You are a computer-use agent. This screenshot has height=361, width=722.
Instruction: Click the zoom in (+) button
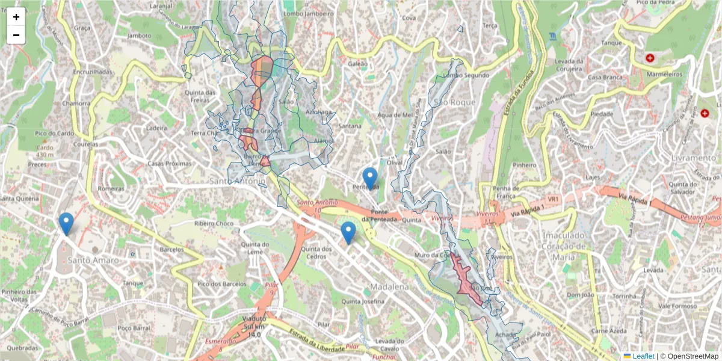(16, 17)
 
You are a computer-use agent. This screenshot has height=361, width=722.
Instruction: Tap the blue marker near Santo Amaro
(66, 223)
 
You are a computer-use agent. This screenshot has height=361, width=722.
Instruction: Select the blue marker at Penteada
(370, 178)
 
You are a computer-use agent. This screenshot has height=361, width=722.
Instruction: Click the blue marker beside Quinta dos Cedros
(348, 232)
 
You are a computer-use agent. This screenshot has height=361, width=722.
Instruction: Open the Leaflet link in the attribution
(643, 356)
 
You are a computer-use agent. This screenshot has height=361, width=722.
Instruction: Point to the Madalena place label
(389, 286)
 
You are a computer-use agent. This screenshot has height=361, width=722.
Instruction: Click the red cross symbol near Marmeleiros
(650, 58)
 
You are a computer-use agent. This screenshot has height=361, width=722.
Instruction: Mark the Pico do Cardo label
(54, 133)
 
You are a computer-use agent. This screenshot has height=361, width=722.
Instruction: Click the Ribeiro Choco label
(214, 223)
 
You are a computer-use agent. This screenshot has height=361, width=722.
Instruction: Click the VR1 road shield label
(553, 199)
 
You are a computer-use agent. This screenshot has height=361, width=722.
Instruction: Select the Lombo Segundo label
(466, 75)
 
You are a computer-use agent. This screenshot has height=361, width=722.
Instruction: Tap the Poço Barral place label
(133, 328)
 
